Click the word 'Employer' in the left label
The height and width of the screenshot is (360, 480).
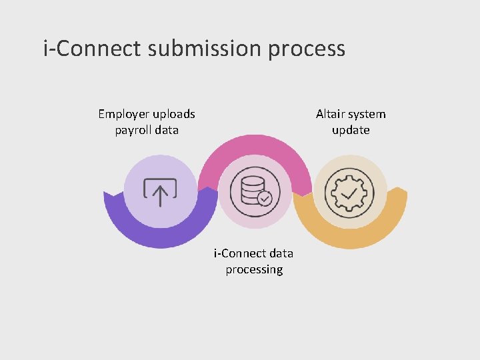click(x=124, y=114)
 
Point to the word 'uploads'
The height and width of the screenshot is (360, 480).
click(x=175, y=114)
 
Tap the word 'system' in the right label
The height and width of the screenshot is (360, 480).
click(x=367, y=115)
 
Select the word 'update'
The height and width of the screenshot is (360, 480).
click(x=351, y=131)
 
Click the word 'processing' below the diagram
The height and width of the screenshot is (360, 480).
click(x=254, y=270)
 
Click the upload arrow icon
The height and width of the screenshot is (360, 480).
click(x=161, y=192)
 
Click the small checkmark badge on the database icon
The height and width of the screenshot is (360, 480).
click(x=265, y=199)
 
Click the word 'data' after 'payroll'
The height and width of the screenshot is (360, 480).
click(x=167, y=131)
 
